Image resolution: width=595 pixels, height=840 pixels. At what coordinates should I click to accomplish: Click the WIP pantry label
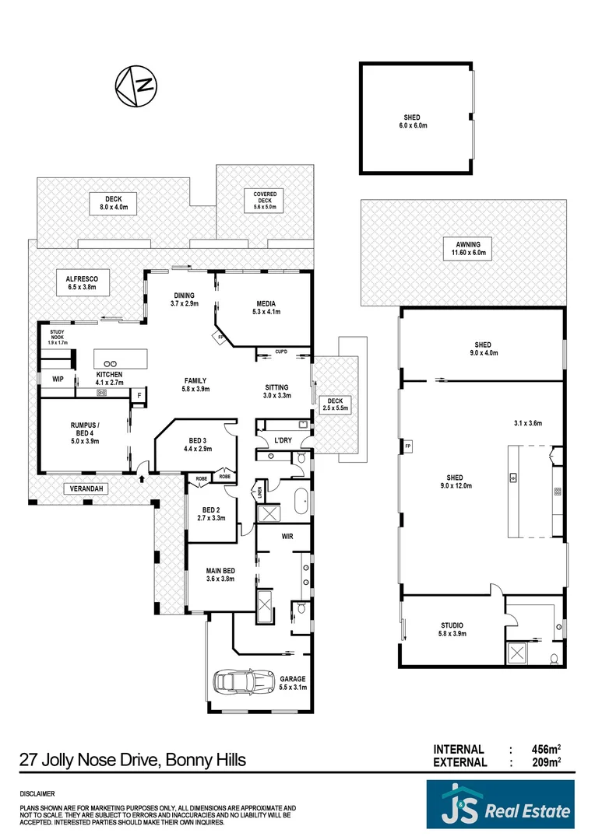pyautogui.click(x=57, y=379)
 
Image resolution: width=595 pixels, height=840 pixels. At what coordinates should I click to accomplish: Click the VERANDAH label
pyautogui.click(x=84, y=489)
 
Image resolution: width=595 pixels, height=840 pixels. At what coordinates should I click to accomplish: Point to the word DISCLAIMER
pyautogui.click(x=37, y=794)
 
